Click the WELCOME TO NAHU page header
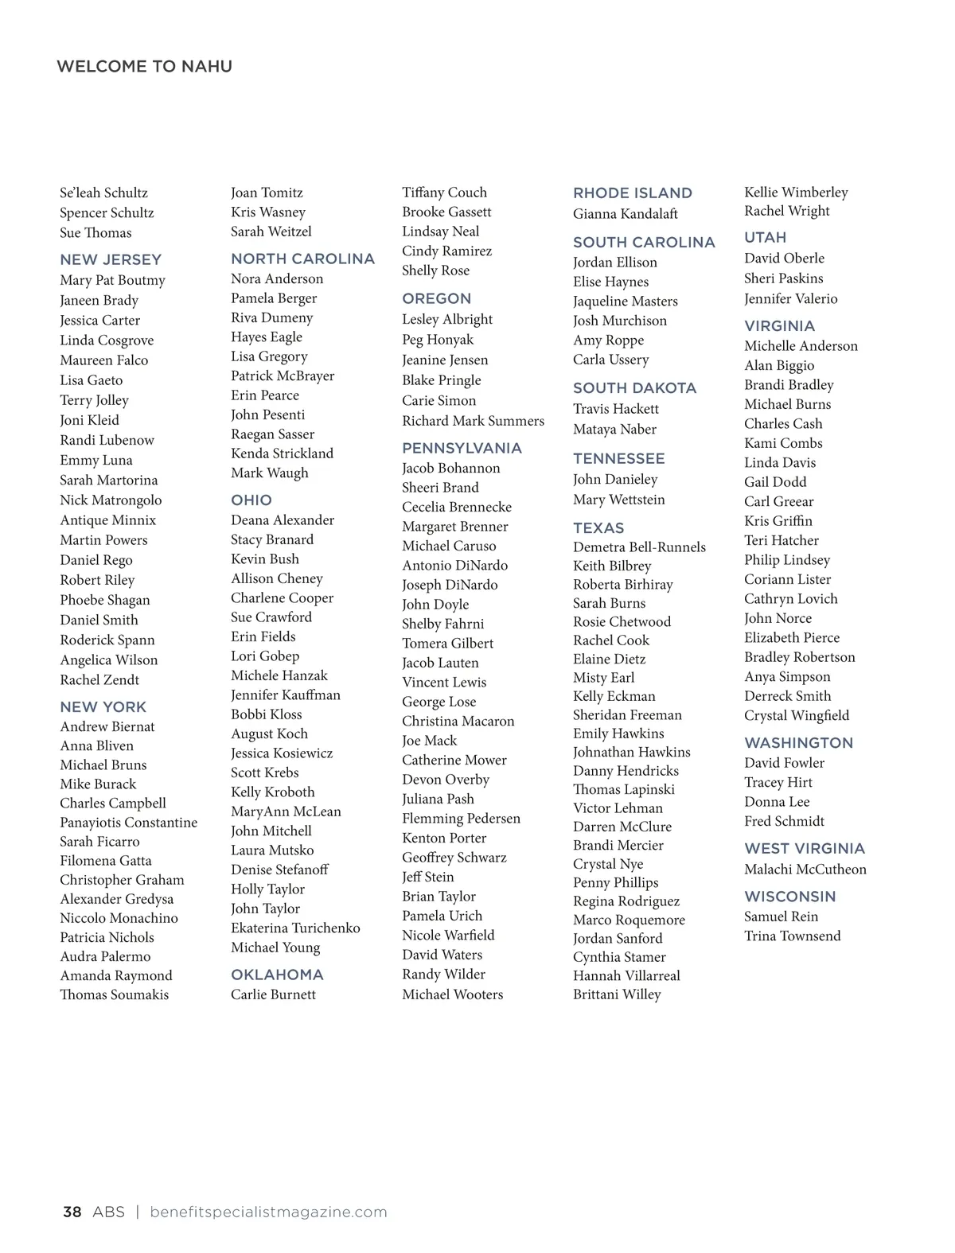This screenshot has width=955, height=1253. coord(144,66)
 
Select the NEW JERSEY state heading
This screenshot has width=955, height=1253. coord(111,259)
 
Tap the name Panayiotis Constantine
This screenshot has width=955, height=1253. coord(128,822)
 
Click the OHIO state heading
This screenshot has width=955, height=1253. coord(251,500)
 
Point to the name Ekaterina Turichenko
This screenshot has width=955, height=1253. coord(295,928)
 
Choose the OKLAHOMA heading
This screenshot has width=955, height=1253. coord(277,975)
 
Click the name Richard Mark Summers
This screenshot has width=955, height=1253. coord(473,421)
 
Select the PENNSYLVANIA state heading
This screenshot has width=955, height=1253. coord(462,448)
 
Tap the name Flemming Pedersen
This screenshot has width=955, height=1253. coord(461,818)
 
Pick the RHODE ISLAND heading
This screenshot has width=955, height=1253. coord(633,193)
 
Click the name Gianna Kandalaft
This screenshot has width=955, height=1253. coord(626,213)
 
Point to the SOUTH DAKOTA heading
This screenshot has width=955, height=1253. coord(634,388)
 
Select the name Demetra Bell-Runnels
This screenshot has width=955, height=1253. coord(639,547)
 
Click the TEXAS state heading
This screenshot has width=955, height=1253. coord(598,527)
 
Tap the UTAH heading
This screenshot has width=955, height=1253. coord(765,237)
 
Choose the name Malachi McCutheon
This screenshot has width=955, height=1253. coord(805,869)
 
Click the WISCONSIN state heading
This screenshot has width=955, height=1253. coord(790,896)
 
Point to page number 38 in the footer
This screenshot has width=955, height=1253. coord(72,1212)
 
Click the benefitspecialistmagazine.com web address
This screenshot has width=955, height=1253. coord(268,1212)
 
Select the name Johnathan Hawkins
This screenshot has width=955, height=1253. coord(632,752)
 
